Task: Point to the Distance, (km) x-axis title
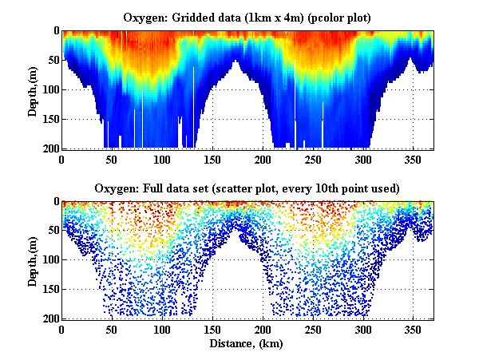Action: [247, 343]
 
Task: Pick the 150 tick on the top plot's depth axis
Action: [49, 119]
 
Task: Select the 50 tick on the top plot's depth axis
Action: [52, 61]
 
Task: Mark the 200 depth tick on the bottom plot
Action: [49, 319]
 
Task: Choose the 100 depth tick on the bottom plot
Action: [49, 260]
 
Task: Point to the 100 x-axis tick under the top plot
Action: [163, 159]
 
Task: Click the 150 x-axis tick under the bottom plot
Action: [213, 330]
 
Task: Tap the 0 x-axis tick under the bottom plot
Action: [62, 330]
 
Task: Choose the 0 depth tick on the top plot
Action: [55, 31]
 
